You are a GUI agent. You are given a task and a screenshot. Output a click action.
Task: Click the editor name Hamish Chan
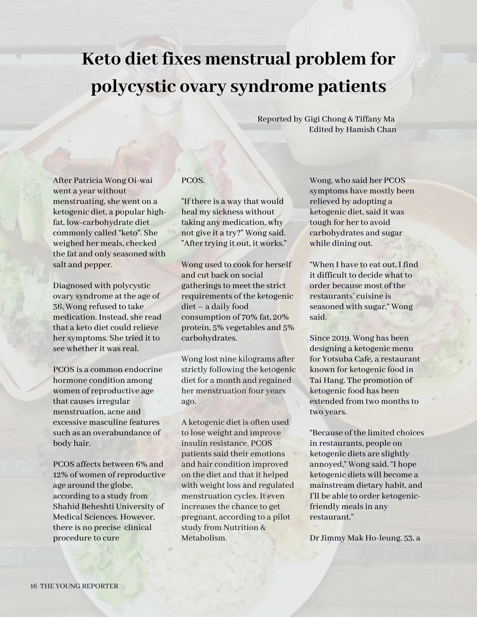(371, 129)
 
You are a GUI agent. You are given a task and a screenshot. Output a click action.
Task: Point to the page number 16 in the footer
(34, 586)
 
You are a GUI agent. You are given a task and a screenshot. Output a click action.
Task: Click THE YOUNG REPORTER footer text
(79, 586)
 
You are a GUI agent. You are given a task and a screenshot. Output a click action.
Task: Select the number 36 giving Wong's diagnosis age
(57, 306)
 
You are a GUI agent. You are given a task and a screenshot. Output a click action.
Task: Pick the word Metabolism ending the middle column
(203, 538)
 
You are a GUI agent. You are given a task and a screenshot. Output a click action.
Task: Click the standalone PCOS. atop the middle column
(193, 180)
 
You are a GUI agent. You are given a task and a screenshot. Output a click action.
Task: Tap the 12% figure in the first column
(59, 474)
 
